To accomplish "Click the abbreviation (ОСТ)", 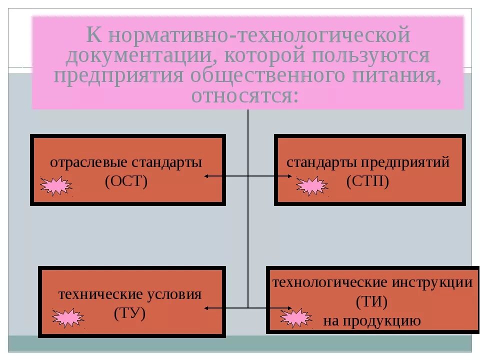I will click(x=126, y=181).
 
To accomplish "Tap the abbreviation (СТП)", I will click(x=367, y=181).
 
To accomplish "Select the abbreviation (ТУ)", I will click(x=129, y=313).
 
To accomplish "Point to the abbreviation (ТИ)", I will click(x=372, y=302).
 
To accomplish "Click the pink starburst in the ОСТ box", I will click(x=55, y=186).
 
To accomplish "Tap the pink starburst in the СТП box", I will click(x=311, y=186).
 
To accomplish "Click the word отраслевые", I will click(x=88, y=162).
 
